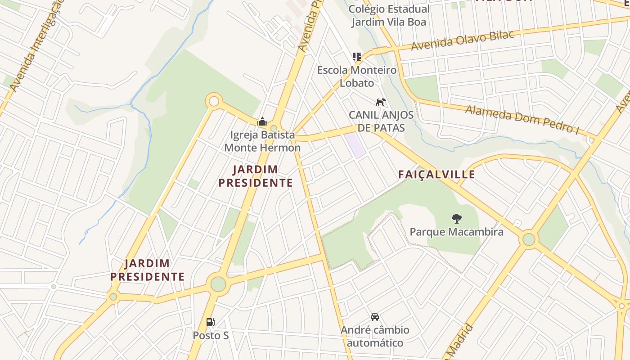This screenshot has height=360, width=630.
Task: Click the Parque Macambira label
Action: (456, 232)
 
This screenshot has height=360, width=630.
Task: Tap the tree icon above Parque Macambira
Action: (456, 219)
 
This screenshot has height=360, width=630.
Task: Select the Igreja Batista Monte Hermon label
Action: (262, 141)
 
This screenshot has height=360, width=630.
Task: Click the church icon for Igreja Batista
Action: (262, 121)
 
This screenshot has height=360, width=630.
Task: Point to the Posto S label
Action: (211, 336)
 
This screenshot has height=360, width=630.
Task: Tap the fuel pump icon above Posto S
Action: (210, 322)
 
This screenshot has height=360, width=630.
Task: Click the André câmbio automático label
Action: (375, 336)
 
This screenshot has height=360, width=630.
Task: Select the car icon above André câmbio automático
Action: (375, 317)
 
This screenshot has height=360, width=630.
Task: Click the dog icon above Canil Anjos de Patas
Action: (381, 102)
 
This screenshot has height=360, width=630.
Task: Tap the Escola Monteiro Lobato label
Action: (357, 76)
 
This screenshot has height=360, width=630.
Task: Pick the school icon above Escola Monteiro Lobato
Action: (357, 57)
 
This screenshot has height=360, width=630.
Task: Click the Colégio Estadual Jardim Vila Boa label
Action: (389, 15)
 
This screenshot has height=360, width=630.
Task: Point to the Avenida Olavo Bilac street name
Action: (462, 41)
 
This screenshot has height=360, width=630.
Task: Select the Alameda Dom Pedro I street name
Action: (522, 119)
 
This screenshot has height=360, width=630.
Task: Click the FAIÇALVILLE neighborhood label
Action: (436, 175)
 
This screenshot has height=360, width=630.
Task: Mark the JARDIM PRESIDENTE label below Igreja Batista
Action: (256, 176)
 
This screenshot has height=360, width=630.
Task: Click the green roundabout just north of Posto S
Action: (218, 284)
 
